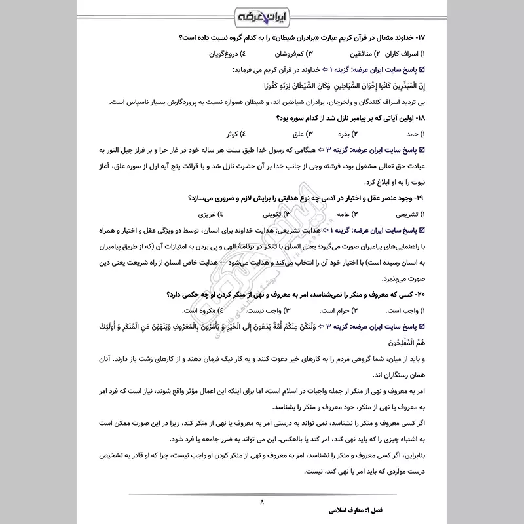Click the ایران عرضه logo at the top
[x=262, y=14]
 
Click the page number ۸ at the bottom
[x=262, y=502]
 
